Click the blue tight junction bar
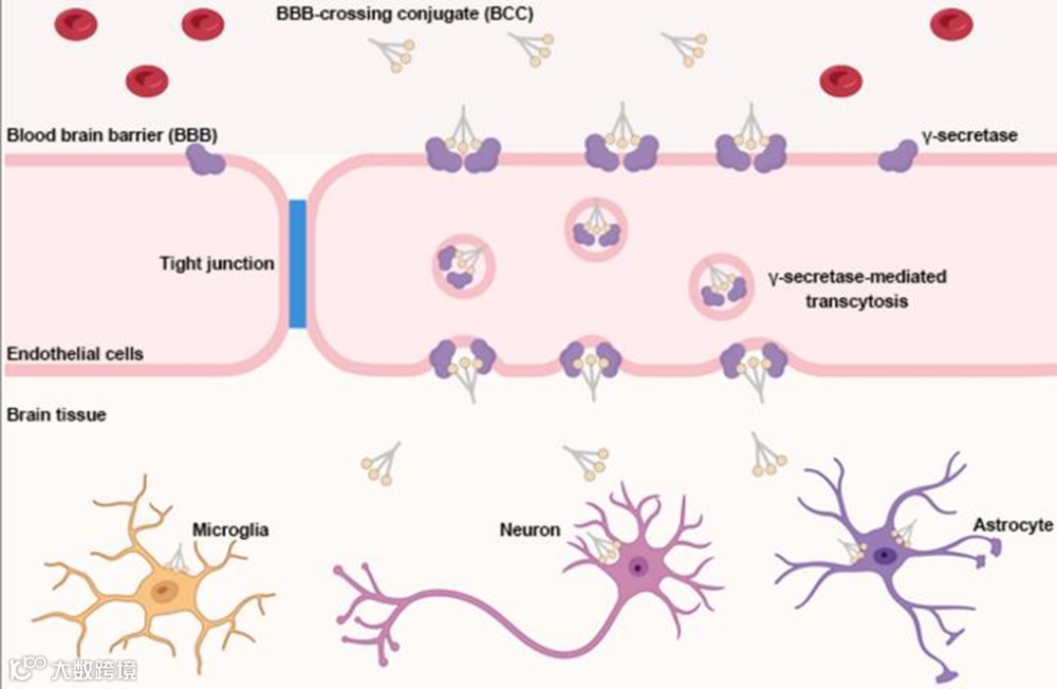(298, 263)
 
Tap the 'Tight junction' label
(217, 264)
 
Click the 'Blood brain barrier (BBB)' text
(112, 135)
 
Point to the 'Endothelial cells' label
(75, 353)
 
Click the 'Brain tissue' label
(57, 414)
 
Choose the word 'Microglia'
(230, 530)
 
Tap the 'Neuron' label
(529, 530)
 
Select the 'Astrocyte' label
(1012, 526)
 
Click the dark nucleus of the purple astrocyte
(886, 556)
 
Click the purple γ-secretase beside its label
(894, 156)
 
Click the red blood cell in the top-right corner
(951, 23)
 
